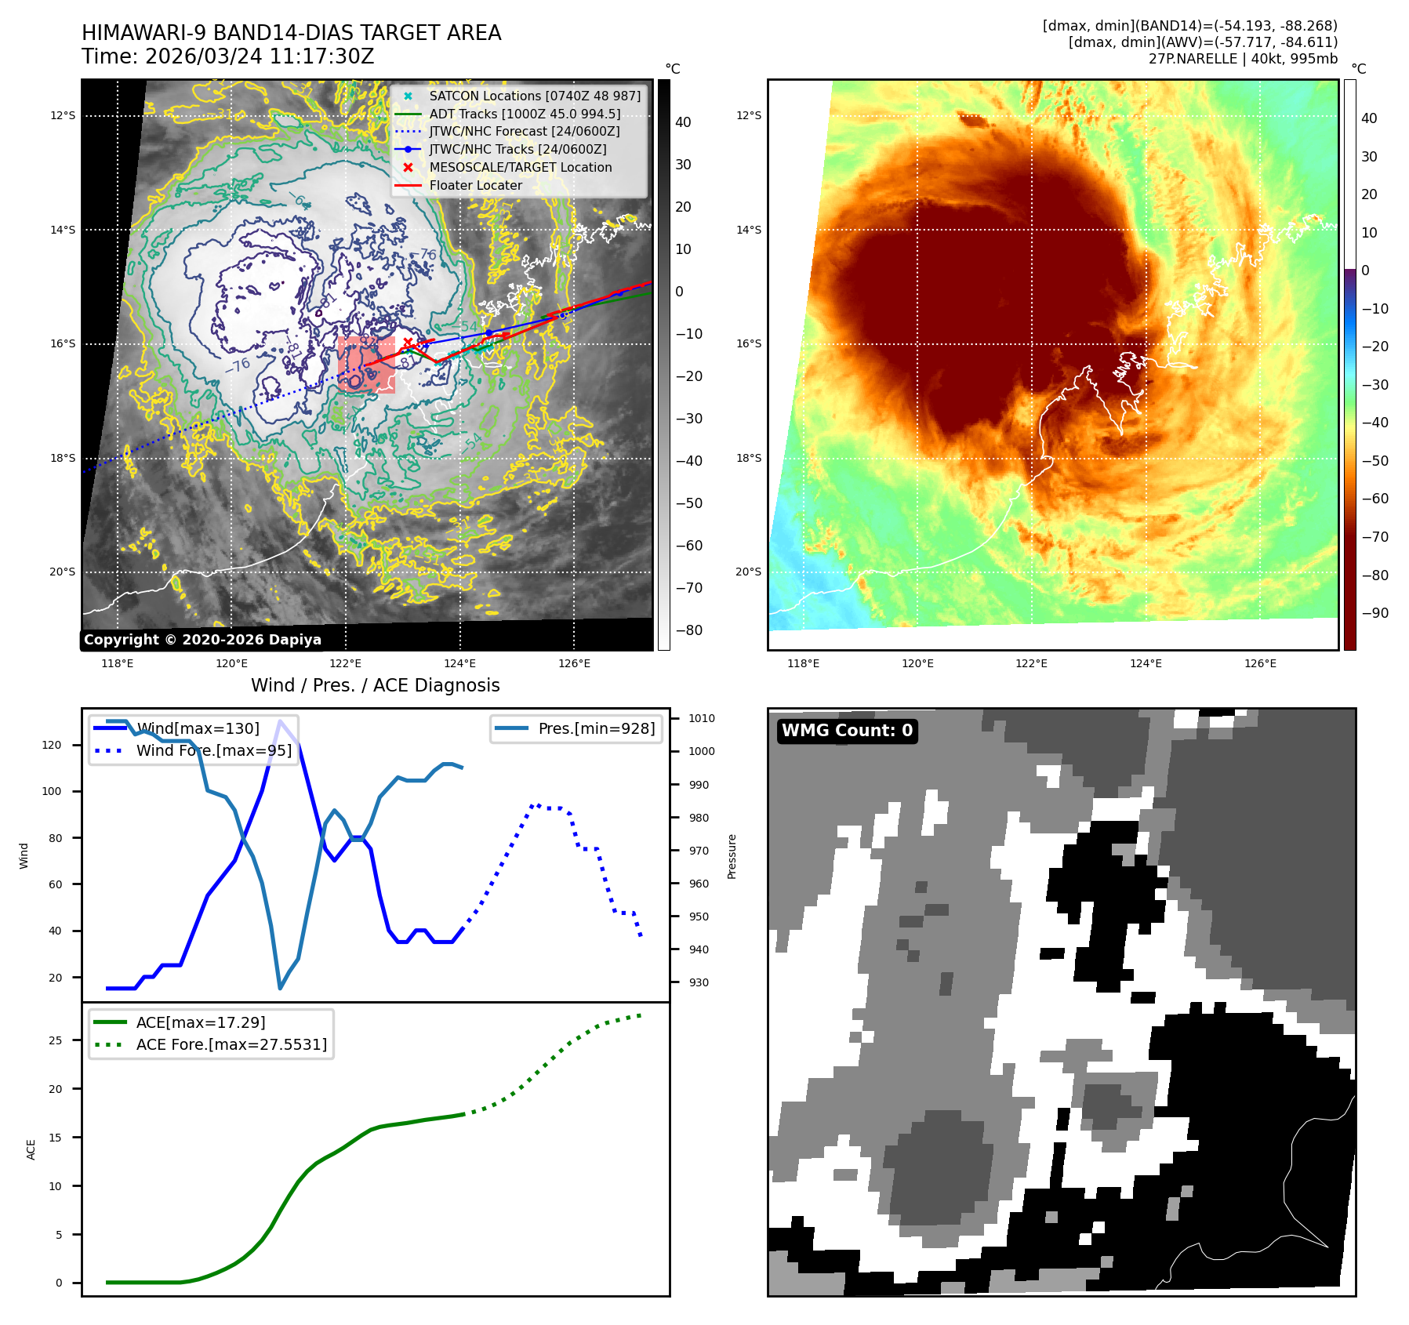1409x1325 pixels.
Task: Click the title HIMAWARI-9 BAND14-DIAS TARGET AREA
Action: [x=291, y=33]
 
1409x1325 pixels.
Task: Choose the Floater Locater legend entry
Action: [x=475, y=185]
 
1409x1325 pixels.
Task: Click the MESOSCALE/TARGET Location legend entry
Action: [x=520, y=167]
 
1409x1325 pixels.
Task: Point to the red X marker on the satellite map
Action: [x=408, y=342]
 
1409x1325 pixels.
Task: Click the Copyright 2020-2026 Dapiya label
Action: [x=202, y=640]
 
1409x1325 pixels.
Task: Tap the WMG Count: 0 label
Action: [x=847, y=731]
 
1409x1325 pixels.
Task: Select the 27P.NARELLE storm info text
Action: [x=1243, y=59]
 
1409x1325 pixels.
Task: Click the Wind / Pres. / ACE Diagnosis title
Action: [x=375, y=685]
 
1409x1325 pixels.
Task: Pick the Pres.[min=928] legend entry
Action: [x=596, y=728]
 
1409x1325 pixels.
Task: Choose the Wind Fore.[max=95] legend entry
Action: [x=213, y=750]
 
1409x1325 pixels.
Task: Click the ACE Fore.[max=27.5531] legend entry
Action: [x=231, y=1044]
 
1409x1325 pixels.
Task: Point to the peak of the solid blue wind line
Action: [x=280, y=721]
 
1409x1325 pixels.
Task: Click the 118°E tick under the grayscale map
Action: [x=118, y=663]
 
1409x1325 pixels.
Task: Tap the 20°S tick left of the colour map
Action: [x=748, y=572]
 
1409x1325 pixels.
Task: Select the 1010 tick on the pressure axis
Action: [x=701, y=718]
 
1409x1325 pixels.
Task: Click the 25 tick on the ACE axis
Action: [x=55, y=1040]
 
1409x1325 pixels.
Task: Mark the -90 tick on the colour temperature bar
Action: [x=1375, y=613]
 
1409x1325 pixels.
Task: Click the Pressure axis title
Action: [x=732, y=856]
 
